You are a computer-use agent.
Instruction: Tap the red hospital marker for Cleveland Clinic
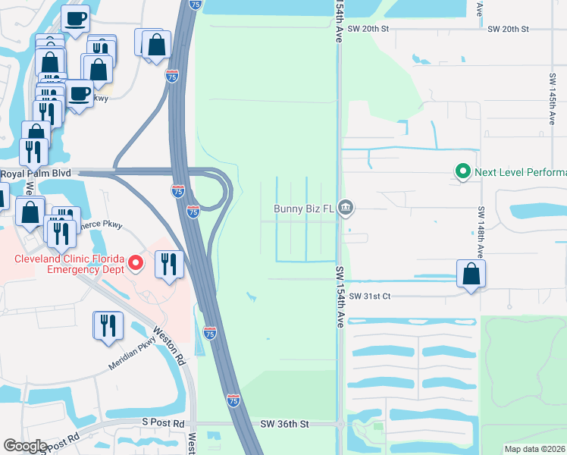pos(136,263)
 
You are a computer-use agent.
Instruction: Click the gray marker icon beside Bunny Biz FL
pos(346,207)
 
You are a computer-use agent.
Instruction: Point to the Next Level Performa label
pos(520,171)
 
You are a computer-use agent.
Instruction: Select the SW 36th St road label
pos(284,425)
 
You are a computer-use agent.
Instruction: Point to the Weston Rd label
pos(170,344)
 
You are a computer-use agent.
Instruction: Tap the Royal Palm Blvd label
pos(35,173)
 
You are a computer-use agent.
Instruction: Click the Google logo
pos(25,446)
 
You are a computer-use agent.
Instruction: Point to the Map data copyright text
pos(535,448)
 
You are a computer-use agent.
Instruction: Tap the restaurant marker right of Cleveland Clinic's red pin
pos(169,265)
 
